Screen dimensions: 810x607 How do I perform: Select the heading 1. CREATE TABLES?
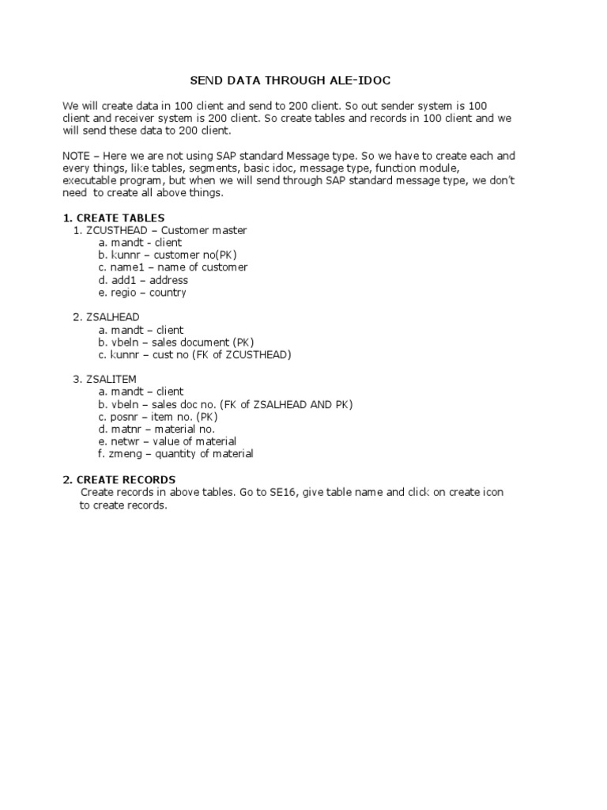point(114,218)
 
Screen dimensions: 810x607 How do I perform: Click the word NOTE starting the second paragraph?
point(77,156)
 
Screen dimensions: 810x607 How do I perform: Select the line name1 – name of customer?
point(173,267)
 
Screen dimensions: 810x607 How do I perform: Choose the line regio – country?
point(142,293)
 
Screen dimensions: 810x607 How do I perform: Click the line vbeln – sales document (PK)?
point(176,343)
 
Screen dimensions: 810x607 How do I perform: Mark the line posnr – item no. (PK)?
point(158,416)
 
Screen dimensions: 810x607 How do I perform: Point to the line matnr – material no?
point(156,429)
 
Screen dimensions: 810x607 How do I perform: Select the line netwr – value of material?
point(168,441)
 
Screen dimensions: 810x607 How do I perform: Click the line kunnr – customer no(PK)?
point(168,255)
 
